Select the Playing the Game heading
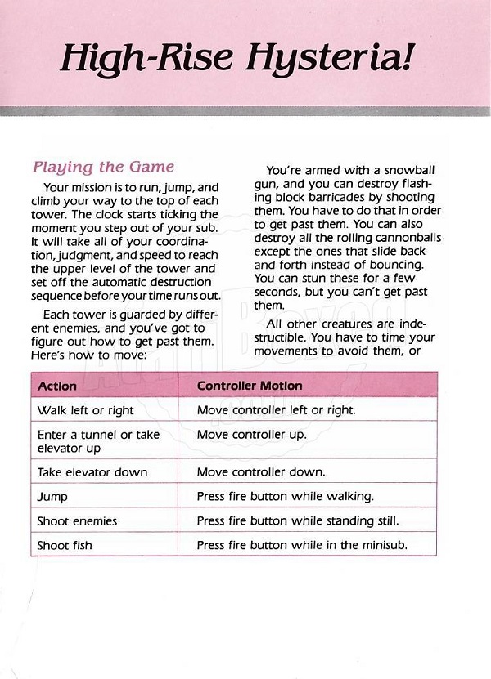pyautogui.click(x=103, y=167)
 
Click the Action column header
pyautogui.click(x=57, y=386)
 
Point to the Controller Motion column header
pyautogui.click(x=250, y=386)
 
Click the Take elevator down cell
pyautogui.click(x=92, y=472)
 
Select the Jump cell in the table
pyautogui.click(x=52, y=497)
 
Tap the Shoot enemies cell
pyautogui.click(x=77, y=521)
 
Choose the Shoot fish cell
pyautogui.click(x=65, y=545)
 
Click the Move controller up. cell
pyautogui.click(x=251, y=435)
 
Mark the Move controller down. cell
pyautogui.click(x=261, y=472)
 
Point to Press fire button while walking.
pyautogui.click(x=285, y=497)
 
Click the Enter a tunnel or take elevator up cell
pyautogui.click(x=98, y=441)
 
